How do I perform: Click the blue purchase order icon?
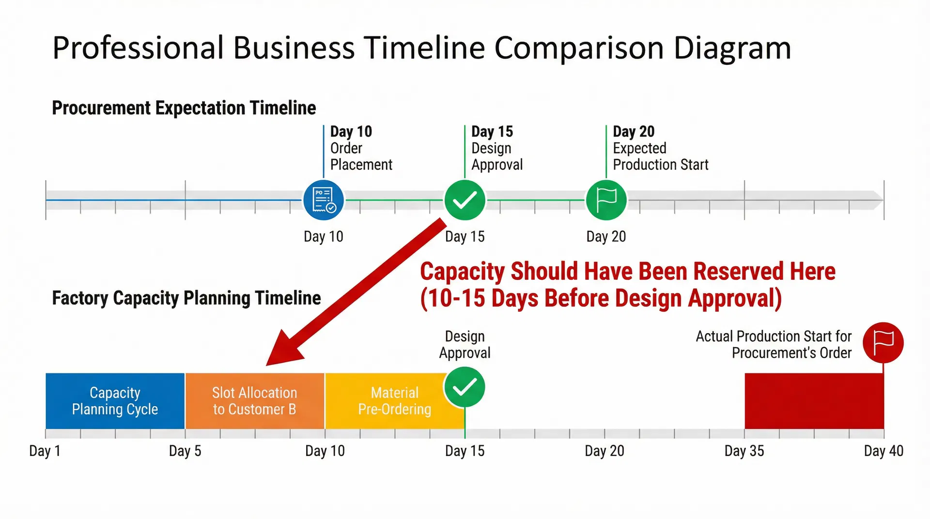point(324,200)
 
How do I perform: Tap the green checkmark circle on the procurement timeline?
point(465,200)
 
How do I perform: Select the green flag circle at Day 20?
point(606,200)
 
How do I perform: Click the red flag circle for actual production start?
point(883,342)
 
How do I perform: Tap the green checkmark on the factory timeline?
point(464,387)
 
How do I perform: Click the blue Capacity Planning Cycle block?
point(115,401)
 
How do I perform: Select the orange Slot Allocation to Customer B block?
point(255,401)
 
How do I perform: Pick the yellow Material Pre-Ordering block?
point(387,401)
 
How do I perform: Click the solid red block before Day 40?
point(814,401)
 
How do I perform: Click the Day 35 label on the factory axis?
point(744,451)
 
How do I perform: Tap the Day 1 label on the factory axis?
point(45,451)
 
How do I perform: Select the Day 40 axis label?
point(883,451)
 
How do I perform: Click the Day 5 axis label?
point(185,451)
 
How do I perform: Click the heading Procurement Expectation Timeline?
point(184,108)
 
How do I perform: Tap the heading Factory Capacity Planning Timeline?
point(186,298)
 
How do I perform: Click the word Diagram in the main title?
point(732,48)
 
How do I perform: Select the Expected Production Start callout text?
point(660,156)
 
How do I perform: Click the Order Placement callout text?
point(361,156)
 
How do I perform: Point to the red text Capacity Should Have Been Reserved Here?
point(627,272)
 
